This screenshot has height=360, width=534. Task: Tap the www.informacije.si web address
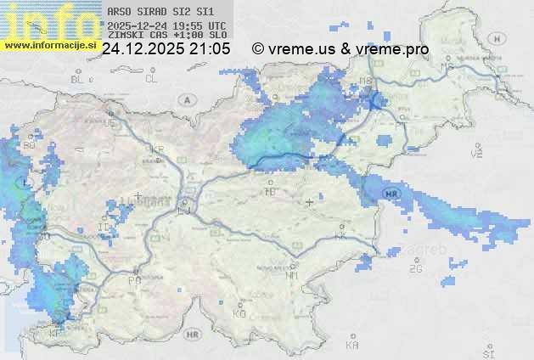click(51, 44)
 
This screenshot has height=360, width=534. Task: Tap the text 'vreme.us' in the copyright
click(301, 49)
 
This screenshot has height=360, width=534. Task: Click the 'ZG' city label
click(415, 268)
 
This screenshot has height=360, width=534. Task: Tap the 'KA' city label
click(352, 346)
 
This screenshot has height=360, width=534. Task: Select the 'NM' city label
click(292, 275)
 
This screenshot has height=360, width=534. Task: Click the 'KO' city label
click(239, 313)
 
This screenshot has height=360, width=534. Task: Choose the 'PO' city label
click(134, 279)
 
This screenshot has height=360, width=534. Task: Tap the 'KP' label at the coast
click(56, 334)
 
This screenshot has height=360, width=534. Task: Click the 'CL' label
click(152, 79)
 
